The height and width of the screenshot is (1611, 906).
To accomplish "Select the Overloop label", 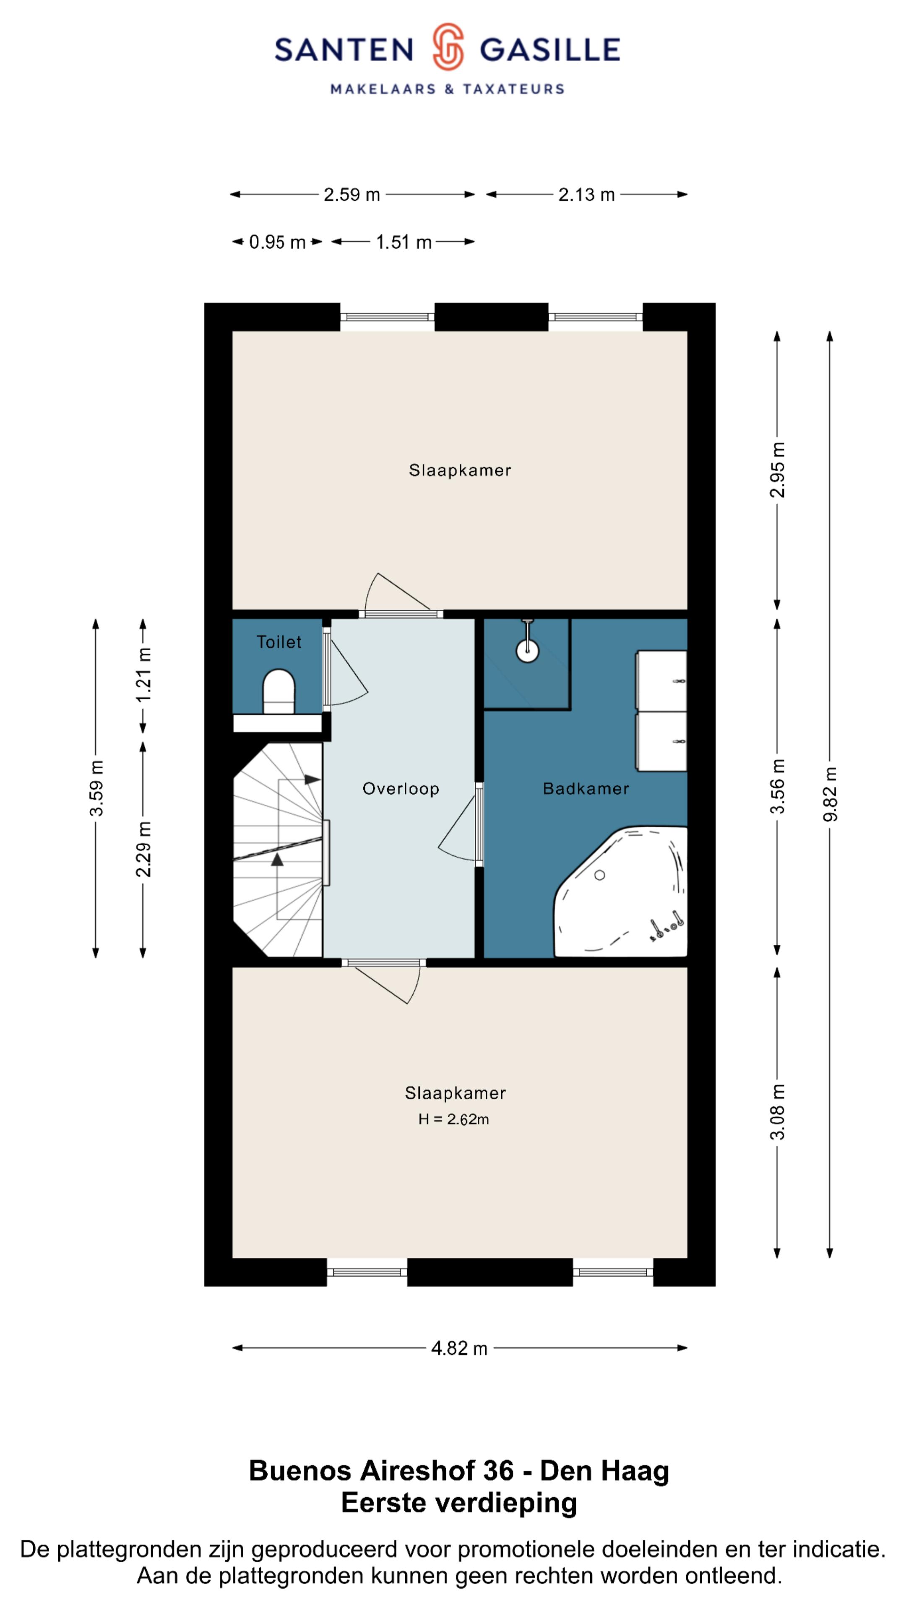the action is point(401,789).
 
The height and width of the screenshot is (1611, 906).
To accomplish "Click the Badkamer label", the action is point(586,789).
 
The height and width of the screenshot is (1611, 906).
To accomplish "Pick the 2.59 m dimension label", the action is point(352,195).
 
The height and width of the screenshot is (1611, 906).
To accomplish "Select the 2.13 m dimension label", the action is point(586,195).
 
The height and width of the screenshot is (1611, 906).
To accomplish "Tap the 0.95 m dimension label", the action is point(277,242).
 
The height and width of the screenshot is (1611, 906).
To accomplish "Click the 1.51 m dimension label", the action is point(404,242).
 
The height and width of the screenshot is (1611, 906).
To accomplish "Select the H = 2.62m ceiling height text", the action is point(454,1119).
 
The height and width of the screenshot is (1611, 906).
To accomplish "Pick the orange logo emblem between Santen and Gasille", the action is point(448,46).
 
